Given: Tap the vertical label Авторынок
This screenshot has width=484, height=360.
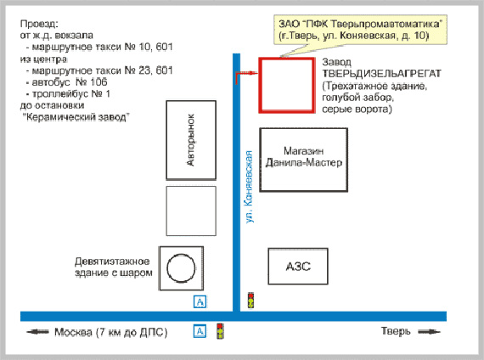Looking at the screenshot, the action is [191, 140].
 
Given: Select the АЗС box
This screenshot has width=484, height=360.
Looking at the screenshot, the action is [298, 266].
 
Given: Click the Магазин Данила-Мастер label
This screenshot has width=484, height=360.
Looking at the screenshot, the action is [304, 156].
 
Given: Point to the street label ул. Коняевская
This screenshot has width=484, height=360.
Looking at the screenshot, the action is [249, 187].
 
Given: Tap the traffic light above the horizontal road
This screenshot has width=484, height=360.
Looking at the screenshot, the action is [251, 300].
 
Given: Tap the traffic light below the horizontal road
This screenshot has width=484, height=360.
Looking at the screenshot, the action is [220, 331].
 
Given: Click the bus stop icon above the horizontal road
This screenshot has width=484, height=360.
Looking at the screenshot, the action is [200, 301].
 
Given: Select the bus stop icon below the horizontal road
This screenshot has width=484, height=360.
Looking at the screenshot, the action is [200, 331].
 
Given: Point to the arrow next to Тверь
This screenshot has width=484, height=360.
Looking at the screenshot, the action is [429, 332].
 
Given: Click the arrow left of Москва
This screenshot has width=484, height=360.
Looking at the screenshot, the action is [37, 332].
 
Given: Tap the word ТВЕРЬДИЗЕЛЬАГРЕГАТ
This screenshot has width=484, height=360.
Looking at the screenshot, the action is [382, 74].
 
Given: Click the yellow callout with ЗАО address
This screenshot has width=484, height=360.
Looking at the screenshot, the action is [360, 30].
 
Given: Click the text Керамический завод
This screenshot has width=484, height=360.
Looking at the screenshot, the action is [76, 117].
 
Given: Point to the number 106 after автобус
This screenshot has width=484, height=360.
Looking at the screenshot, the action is [98, 82].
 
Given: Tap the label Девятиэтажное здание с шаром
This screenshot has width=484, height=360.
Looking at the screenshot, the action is [114, 267].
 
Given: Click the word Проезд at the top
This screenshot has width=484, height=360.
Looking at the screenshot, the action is [39, 24].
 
